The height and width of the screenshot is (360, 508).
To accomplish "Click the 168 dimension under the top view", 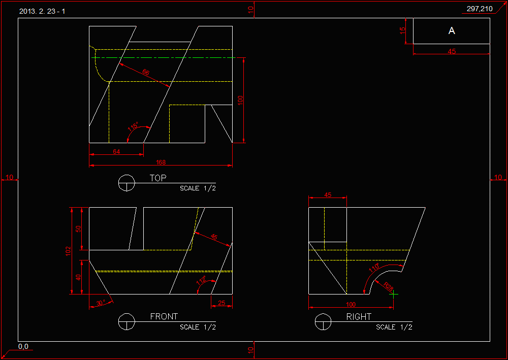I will point(161,162).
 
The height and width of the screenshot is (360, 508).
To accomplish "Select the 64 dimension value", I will point(117,152).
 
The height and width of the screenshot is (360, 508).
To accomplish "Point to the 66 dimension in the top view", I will point(146,73).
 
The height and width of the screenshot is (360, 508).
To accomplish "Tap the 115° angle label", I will point(134,127).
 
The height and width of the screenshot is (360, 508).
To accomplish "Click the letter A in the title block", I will point(452,31).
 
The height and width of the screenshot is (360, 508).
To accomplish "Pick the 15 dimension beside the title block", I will point(403,31).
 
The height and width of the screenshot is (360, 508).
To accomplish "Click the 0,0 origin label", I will point(23,346).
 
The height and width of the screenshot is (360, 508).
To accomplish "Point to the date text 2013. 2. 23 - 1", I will point(42,11).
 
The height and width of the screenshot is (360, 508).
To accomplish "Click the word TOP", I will point(158,178).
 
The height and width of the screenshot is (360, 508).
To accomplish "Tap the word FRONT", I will point(164,316).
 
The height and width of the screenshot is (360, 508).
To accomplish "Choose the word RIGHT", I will point(359,316).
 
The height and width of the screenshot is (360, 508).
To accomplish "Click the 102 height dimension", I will point(68,251).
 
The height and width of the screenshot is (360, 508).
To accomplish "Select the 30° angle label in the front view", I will point(100,303).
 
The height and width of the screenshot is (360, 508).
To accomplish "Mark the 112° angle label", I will point(201,281).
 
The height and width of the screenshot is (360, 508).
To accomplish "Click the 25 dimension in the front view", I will point(221,303).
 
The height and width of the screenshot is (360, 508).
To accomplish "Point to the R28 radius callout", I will point(389,287).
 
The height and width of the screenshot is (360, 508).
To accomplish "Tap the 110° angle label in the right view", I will point(374,268).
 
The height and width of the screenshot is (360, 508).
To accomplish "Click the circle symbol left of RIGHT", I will point(324,322).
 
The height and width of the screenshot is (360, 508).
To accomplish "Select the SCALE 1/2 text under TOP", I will point(198,188).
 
